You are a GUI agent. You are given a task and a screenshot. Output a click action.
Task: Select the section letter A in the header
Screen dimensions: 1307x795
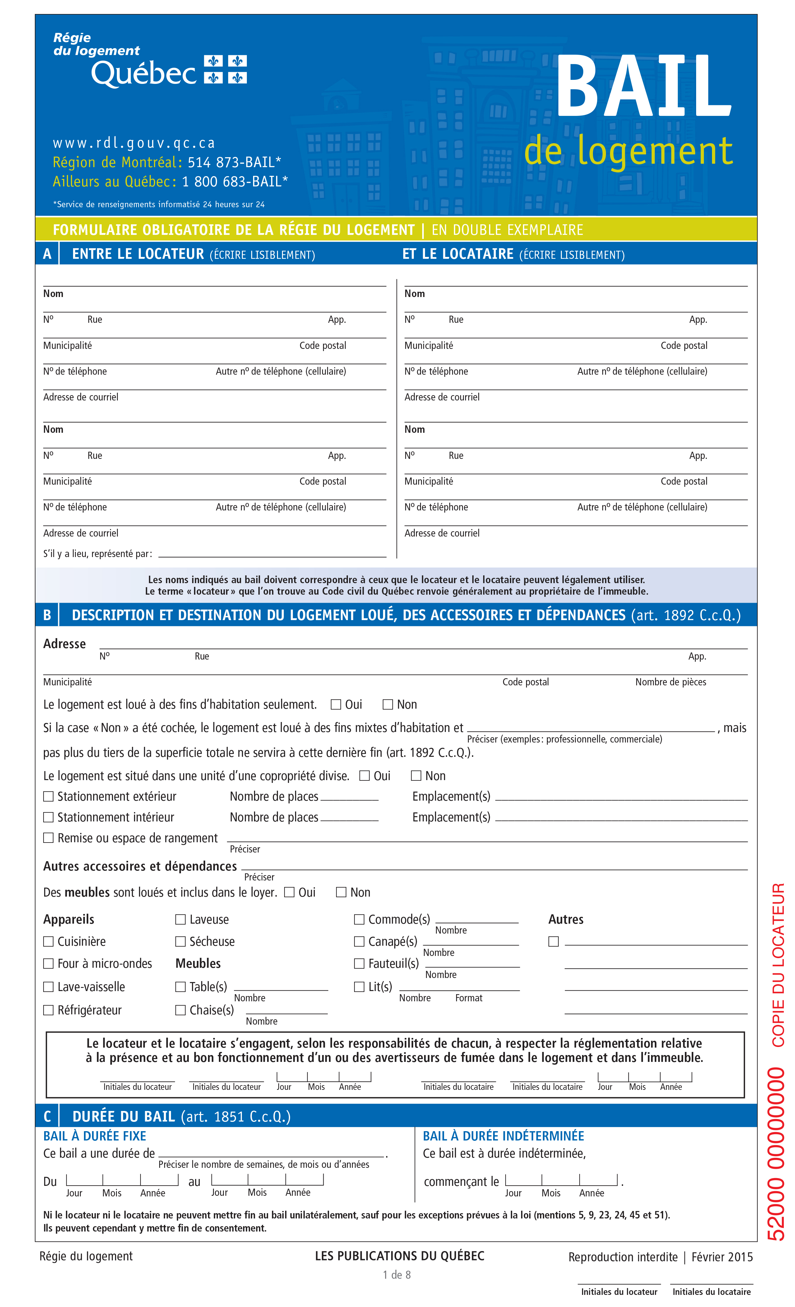pos(47,254)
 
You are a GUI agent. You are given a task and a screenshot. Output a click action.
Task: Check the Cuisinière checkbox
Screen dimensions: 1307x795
pos(48,942)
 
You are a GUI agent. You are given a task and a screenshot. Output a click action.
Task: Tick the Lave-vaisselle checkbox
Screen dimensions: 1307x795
pos(48,987)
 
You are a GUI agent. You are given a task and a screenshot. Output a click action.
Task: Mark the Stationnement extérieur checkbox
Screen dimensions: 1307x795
pos(48,796)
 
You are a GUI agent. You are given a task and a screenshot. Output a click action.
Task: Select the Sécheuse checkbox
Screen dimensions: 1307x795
pos(180,942)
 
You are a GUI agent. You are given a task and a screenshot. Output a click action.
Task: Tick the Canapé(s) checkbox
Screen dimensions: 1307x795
pos(359,942)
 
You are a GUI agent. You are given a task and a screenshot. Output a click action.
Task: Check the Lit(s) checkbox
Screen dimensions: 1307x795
pos(359,987)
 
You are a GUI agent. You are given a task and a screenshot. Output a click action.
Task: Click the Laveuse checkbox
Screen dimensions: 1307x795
pos(180,919)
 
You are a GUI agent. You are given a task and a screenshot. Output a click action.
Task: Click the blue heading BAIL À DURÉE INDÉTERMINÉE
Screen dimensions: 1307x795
pos(503,1136)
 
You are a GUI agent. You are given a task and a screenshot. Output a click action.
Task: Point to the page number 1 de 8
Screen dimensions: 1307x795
pos(396,1275)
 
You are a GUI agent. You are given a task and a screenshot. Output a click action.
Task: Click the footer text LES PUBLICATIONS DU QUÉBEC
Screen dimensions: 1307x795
pos(399,1256)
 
